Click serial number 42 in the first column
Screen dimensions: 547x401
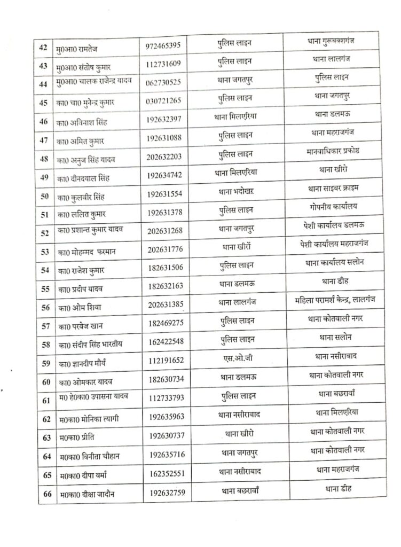pos(43,46)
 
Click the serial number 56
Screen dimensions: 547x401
pos(45,307)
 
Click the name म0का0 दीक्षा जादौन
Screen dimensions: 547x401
pos(87,494)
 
